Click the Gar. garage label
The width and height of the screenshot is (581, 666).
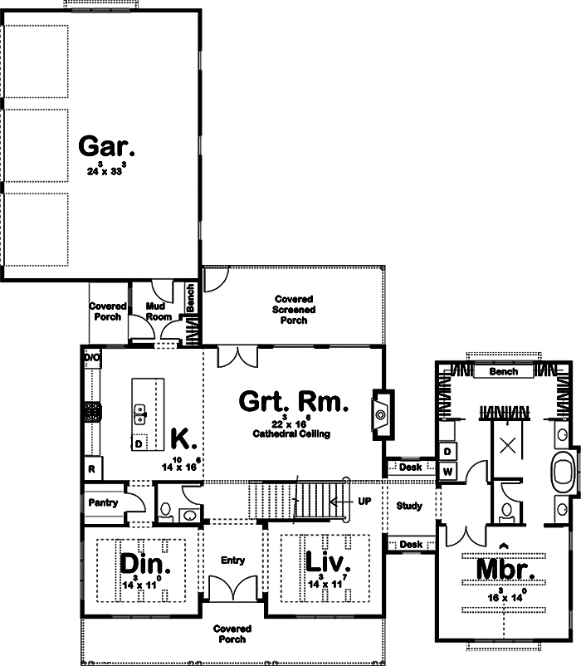click(106, 147)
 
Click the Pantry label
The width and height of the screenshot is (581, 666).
click(103, 502)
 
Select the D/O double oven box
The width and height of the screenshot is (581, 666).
click(91, 357)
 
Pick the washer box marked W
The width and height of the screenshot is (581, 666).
click(447, 472)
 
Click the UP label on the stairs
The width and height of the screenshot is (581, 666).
click(364, 502)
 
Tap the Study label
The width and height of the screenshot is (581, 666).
click(409, 506)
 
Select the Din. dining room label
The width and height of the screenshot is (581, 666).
click(145, 564)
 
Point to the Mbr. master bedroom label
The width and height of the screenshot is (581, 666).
click(503, 571)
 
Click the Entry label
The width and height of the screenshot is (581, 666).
click(233, 561)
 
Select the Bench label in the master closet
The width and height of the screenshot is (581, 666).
click(503, 371)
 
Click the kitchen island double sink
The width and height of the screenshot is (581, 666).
click(141, 410)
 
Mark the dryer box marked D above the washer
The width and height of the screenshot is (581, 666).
click(447, 451)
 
